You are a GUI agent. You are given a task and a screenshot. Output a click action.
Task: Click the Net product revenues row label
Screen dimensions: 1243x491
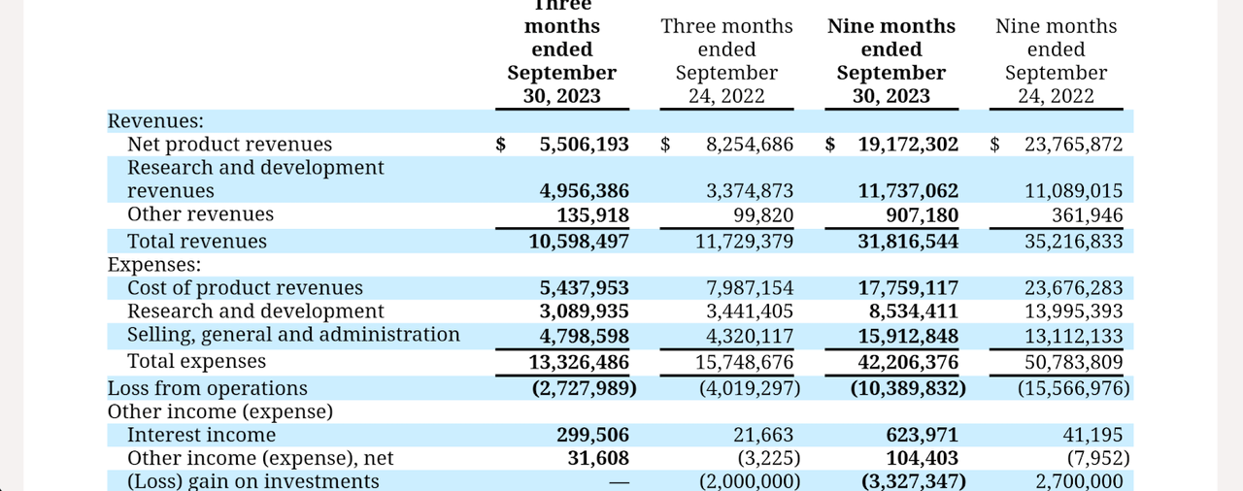click(230, 144)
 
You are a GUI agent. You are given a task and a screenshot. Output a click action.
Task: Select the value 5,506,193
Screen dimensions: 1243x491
click(585, 144)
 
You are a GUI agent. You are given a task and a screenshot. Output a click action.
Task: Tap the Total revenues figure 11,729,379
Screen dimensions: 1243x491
click(744, 242)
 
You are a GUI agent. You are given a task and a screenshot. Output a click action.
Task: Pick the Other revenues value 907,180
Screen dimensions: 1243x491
click(922, 215)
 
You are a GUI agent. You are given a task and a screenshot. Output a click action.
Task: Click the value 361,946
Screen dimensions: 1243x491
click(1087, 215)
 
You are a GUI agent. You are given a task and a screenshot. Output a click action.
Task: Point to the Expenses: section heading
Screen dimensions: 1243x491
click(154, 265)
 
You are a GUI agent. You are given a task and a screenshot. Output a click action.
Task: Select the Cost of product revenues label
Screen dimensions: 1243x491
click(245, 288)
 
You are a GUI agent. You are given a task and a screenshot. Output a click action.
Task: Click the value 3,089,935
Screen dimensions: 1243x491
click(585, 311)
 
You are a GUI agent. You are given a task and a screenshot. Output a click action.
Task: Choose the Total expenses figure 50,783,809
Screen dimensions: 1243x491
click(1073, 363)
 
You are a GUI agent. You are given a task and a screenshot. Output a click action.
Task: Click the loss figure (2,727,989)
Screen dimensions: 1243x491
click(585, 388)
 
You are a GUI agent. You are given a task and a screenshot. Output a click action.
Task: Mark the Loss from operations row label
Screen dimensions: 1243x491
click(208, 388)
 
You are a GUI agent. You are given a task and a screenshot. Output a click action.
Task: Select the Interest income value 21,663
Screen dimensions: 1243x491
click(763, 435)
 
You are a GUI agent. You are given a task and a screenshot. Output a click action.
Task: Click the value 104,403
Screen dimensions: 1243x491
click(922, 458)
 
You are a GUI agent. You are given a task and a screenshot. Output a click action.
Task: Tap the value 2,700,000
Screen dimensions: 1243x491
click(1079, 481)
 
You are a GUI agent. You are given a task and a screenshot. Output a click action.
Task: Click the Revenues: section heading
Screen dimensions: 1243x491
click(155, 121)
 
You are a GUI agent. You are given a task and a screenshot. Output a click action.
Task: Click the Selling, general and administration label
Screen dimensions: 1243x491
click(293, 335)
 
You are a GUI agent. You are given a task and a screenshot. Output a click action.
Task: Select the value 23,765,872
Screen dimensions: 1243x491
click(1073, 144)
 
